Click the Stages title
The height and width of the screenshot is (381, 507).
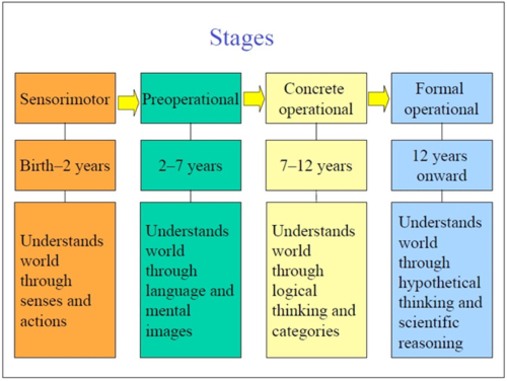point(242,38)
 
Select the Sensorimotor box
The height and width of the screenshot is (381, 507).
point(65,99)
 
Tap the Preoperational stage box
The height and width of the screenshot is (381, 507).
point(190,99)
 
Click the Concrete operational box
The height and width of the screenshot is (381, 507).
point(316,99)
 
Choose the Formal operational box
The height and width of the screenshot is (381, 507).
point(442,99)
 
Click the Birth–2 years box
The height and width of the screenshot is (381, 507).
point(65,165)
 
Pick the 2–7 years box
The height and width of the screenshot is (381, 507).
point(190,165)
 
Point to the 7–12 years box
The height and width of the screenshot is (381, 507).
point(316,165)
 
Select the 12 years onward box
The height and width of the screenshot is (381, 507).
point(442,165)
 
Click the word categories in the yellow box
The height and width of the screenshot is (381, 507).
point(305,331)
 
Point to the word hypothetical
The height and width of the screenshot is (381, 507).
point(439,283)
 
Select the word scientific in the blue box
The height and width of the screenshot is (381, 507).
point(428,323)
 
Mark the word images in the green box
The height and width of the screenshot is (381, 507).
point(169,331)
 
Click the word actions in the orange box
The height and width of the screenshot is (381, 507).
point(43,321)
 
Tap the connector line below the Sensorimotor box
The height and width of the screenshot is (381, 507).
point(65,132)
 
